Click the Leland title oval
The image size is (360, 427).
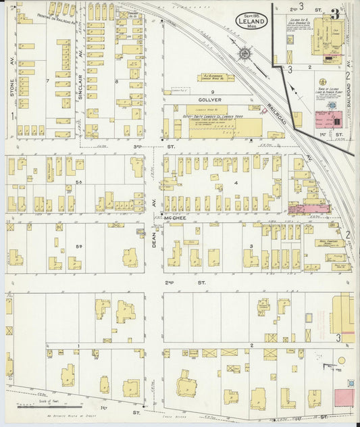251,20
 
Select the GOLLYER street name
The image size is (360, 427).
211,99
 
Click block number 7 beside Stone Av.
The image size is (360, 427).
47,81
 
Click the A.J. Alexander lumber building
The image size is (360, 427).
213,76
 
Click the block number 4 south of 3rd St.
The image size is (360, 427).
236,182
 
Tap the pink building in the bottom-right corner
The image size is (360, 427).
344,397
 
